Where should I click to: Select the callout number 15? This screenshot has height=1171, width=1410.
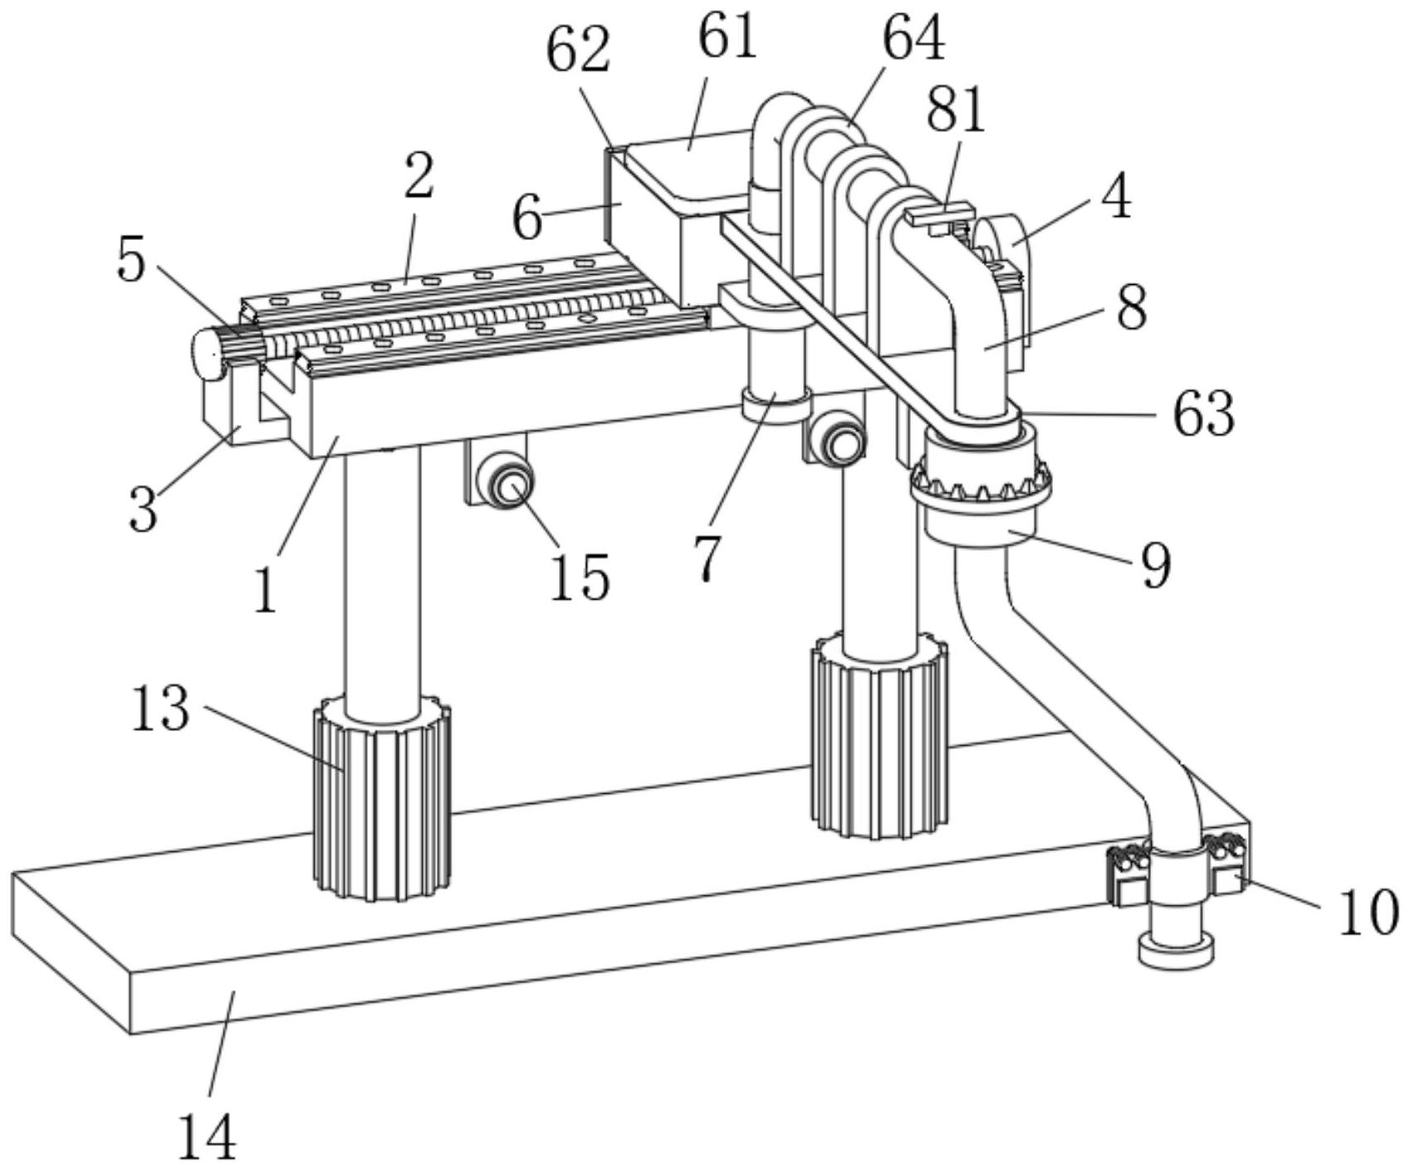click(x=580, y=576)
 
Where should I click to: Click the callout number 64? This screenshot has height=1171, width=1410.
click(x=913, y=38)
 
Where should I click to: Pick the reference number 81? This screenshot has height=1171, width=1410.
click(x=956, y=110)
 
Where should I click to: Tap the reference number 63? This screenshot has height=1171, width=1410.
click(x=1203, y=413)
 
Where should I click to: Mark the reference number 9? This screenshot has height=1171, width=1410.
click(x=1156, y=565)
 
